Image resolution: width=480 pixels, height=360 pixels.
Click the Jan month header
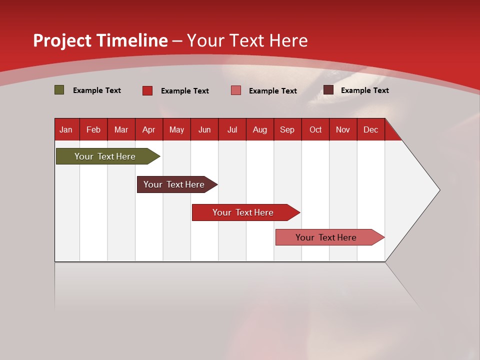click(66, 130)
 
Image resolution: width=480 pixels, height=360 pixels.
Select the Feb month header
click(93, 130)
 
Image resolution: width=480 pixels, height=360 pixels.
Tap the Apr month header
click(148, 130)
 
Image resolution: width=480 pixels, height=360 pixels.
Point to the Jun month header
click(204, 130)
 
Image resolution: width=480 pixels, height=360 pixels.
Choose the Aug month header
click(259, 130)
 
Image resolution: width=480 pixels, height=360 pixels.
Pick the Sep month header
click(287, 130)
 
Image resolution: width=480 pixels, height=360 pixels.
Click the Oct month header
click(315, 130)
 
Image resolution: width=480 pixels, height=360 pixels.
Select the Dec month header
click(370, 130)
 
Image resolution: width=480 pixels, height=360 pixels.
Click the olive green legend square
click(59, 90)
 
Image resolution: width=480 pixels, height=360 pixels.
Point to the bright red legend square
click(147, 90)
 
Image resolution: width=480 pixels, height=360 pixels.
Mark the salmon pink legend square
click(236, 90)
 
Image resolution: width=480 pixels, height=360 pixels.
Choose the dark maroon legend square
click(328, 90)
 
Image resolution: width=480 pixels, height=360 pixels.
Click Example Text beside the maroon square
click(364, 90)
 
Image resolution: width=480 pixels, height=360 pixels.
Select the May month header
click(176, 130)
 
